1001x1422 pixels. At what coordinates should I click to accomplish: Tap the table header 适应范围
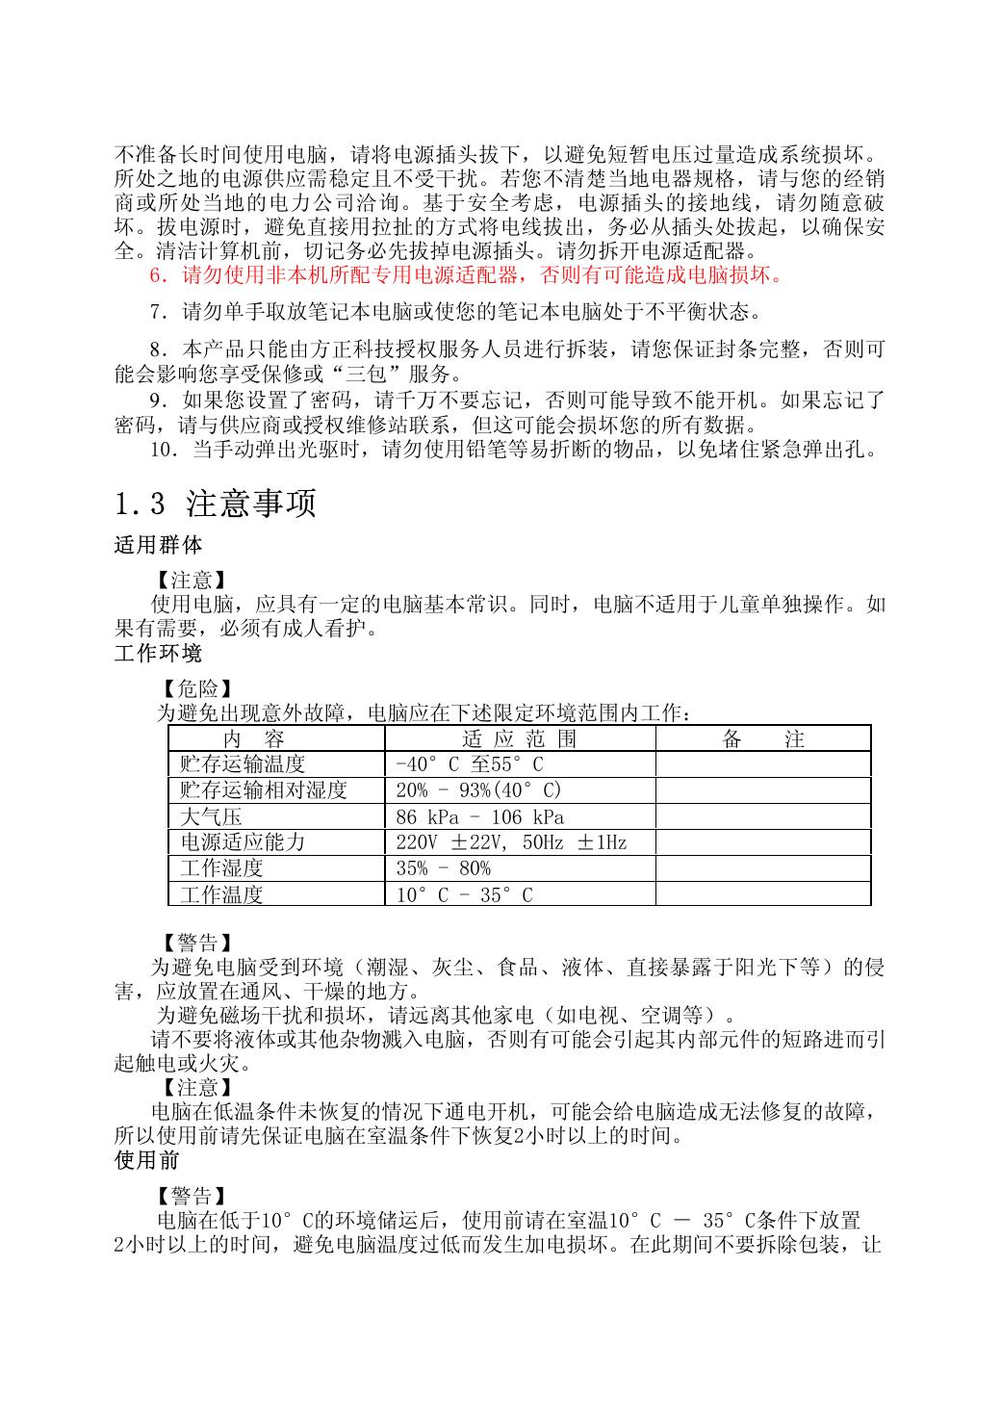[x=520, y=738]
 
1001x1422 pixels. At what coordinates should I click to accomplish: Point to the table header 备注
[x=762, y=738]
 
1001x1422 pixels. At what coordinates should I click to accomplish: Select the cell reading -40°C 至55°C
[x=470, y=764]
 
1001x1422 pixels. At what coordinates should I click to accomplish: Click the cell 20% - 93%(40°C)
[x=478, y=790]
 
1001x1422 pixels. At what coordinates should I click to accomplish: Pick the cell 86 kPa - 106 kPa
[x=480, y=816]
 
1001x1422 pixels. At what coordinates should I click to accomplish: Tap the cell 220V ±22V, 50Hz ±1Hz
[x=511, y=842]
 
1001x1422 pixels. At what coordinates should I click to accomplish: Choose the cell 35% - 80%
[x=443, y=868]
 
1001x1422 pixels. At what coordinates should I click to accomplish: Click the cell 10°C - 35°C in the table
[x=464, y=894]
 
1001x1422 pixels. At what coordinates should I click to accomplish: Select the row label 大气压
[x=211, y=816]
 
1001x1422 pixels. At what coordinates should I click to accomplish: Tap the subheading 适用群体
[x=158, y=545]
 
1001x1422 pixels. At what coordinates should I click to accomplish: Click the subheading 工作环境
[x=158, y=654]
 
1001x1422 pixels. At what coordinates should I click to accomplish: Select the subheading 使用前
[x=147, y=1160]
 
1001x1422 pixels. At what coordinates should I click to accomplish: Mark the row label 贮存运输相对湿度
[x=263, y=790]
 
